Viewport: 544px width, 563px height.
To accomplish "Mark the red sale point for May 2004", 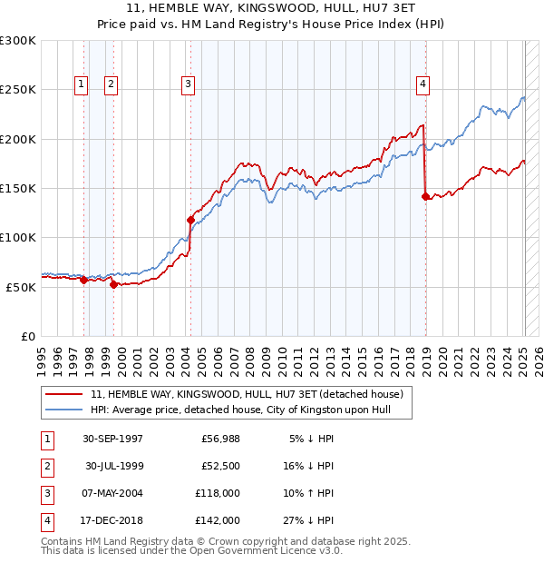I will click(190, 220).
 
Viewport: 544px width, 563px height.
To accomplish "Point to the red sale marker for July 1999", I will click(113, 284).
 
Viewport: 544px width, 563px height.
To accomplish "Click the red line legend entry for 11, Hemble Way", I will click(227, 393).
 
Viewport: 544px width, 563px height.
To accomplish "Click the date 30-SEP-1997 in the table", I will click(112, 439).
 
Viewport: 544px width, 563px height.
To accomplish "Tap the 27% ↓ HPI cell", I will click(308, 520).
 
